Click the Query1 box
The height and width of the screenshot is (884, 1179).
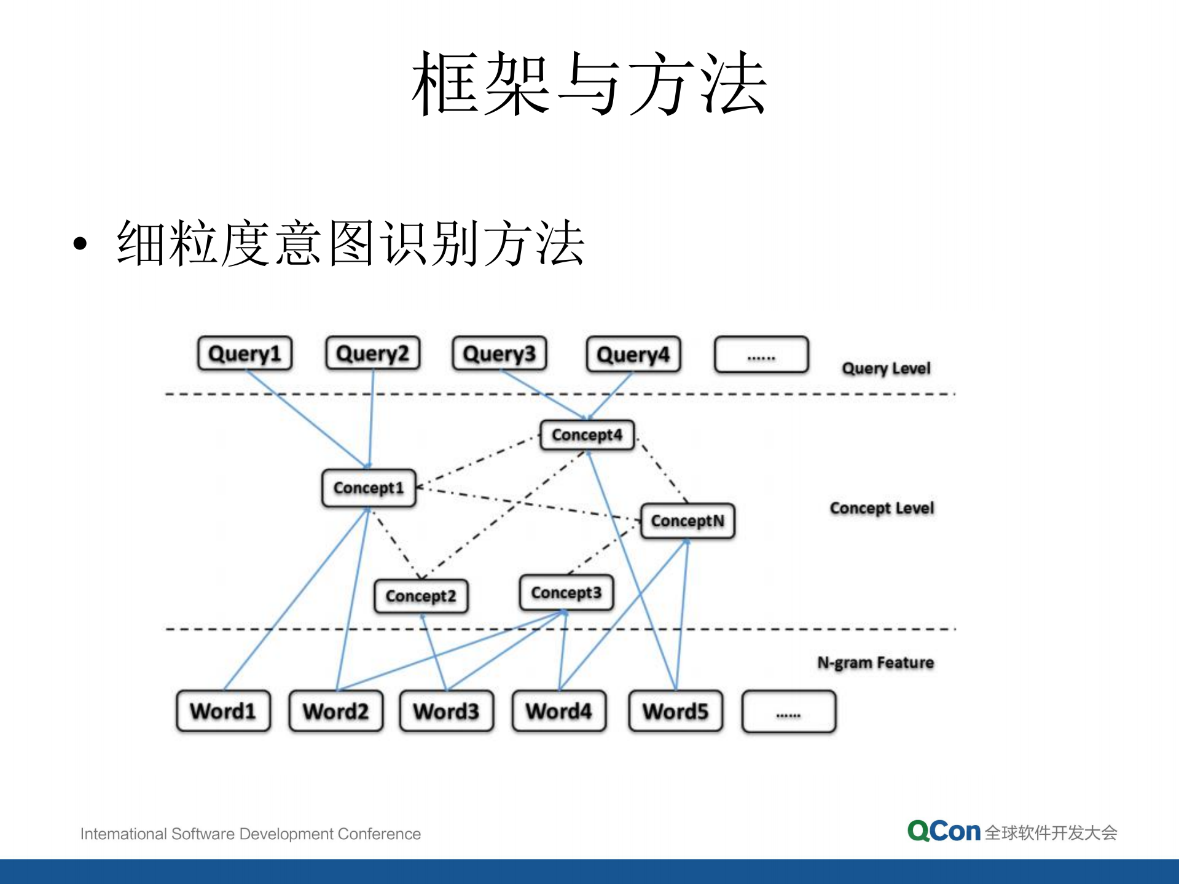(245, 353)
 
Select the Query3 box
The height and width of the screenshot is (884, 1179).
(499, 353)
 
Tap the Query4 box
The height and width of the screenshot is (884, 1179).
(633, 354)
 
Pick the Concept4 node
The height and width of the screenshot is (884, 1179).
(587, 435)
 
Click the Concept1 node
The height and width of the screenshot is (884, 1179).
(369, 488)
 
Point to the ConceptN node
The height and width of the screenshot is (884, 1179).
(687, 521)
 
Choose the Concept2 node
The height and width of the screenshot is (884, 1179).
(421, 596)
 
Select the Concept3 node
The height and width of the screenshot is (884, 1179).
(566, 593)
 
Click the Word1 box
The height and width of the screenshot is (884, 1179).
(223, 711)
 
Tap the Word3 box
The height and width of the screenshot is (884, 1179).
(446, 711)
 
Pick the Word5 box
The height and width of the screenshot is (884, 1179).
(675, 711)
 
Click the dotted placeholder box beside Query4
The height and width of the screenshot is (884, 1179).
(761, 354)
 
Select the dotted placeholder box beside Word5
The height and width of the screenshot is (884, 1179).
(788, 711)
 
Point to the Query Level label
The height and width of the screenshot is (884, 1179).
(885, 369)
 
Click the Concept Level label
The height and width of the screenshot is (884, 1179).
(881, 508)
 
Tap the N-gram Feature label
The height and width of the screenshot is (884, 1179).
(875, 662)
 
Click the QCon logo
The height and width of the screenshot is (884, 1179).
(944, 831)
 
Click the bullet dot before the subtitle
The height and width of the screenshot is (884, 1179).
(80, 244)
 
